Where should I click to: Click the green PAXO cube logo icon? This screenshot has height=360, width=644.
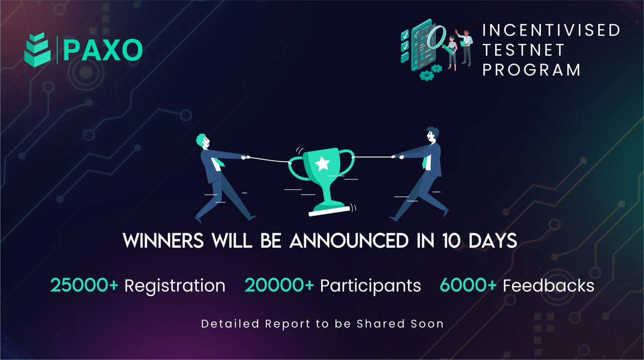(x=38, y=50)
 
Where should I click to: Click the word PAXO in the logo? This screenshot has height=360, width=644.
(x=103, y=50)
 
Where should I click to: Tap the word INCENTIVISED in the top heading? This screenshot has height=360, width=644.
(x=551, y=30)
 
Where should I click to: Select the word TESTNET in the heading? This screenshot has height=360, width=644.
(x=524, y=50)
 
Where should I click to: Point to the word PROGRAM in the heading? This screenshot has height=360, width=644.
(x=532, y=69)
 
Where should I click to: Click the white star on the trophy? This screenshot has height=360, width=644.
(x=322, y=163)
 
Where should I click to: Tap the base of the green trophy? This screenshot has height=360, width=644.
(x=330, y=210)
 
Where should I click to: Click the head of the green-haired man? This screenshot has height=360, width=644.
(x=203, y=141)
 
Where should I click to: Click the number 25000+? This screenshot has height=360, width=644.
(x=84, y=285)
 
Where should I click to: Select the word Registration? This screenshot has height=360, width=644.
(x=175, y=286)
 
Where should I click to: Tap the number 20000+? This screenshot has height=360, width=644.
(x=279, y=285)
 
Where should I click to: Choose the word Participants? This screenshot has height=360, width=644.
(x=370, y=286)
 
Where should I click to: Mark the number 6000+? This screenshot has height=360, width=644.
(x=468, y=285)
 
